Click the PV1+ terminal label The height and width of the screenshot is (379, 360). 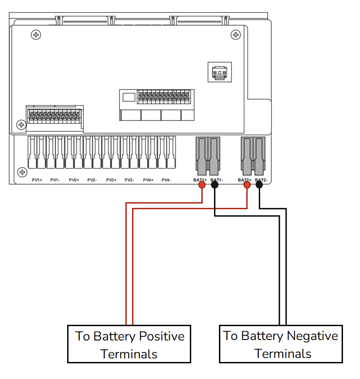(x=37, y=180)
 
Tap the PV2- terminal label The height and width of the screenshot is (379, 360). (x=92, y=180)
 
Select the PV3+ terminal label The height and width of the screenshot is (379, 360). (x=111, y=180)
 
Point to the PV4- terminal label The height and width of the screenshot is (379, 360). (x=166, y=180)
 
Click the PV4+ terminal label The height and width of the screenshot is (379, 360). (x=148, y=180)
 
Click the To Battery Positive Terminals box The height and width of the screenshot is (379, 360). (x=129, y=344)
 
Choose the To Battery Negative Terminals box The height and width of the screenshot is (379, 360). (x=281, y=344)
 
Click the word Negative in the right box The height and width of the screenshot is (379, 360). (x=312, y=336)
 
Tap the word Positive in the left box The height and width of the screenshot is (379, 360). (x=162, y=336)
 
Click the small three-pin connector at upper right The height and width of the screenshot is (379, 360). (x=219, y=72)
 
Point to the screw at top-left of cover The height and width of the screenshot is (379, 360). (x=35, y=34)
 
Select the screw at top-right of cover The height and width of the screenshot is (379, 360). (x=235, y=34)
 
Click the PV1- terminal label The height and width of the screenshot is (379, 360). (x=55, y=180)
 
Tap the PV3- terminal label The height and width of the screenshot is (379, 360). (x=129, y=180)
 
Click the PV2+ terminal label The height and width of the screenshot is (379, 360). (x=74, y=180)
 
